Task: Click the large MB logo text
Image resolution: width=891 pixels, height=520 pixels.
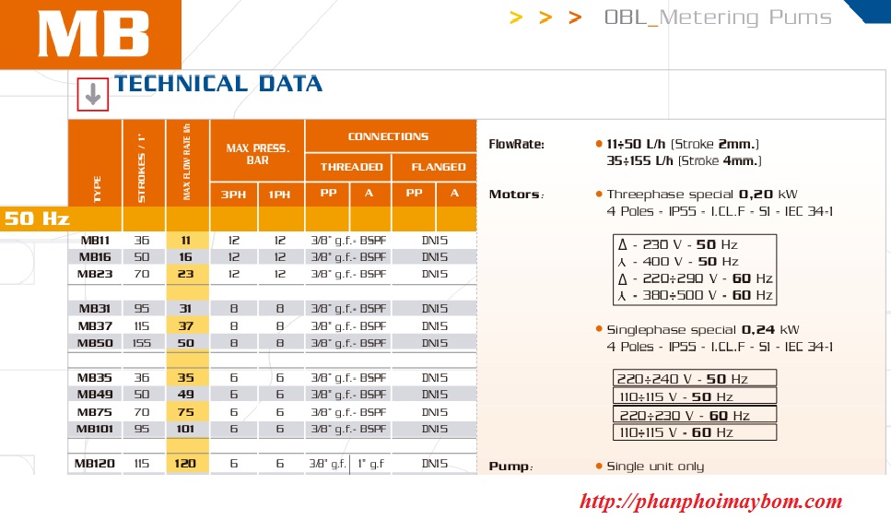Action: click(94, 35)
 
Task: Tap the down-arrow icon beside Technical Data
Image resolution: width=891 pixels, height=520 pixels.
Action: click(93, 94)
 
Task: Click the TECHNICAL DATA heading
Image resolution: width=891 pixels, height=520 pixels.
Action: click(218, 84)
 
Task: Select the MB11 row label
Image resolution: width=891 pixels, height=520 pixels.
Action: click(95, 241)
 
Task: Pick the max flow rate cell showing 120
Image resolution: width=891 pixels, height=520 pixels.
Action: click(185, 464)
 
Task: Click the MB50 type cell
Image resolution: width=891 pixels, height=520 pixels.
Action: click(95, 343)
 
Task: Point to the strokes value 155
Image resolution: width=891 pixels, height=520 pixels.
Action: click(142, 343)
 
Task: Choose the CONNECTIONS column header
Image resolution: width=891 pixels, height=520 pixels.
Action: click(388, 136)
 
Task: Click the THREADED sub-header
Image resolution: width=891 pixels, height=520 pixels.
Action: click(351, 167)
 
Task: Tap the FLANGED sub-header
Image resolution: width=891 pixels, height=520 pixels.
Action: click(438, 167)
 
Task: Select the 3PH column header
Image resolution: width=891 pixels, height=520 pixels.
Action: click(233, 195)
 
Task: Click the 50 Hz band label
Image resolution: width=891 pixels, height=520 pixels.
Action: click(37, 219)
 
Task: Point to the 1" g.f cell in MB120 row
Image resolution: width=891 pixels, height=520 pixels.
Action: click(371, 464)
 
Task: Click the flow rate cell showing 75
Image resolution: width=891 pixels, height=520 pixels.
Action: click(186, 412)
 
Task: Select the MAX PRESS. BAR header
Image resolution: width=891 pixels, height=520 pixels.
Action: click(257, 154)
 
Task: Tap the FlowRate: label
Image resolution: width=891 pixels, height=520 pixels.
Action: click(517, 145)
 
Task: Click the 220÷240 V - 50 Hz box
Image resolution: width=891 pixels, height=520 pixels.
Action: click(695, 379)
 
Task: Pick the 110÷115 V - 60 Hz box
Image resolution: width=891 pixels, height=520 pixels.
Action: click(695, 432)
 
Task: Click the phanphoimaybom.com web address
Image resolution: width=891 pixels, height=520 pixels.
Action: click(710, 502)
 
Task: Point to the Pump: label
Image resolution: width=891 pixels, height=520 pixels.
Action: click(510, 467)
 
